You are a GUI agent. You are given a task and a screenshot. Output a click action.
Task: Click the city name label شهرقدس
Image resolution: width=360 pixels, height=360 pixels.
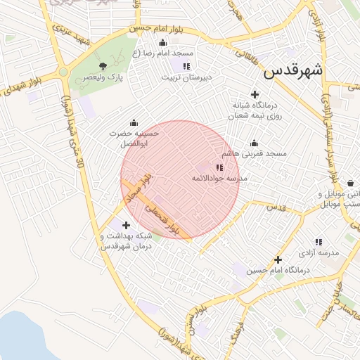pyautogui.click(x=294, y=71)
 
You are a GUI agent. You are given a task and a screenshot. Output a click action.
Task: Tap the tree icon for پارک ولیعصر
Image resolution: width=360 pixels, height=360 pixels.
pyautogui.click(x=103, y=66)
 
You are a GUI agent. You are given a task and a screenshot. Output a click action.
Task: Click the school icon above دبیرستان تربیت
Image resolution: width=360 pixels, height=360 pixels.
pyautogui.click(x=186, y=66)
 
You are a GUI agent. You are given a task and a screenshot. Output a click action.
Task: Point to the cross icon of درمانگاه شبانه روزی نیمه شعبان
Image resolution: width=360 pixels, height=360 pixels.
pyautogui.click(x=255, y=94)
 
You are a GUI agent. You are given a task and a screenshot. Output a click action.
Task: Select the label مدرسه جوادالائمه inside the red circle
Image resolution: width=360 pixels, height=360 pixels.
pyautogui.click(x=220, y=179)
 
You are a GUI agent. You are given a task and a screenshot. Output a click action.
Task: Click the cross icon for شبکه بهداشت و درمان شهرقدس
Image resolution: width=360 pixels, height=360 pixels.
pyautogui.click(x=126, y=226)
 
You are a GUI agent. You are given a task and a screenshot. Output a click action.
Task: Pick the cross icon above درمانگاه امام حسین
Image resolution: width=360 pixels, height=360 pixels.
pyautogui.click(x=278, y=259)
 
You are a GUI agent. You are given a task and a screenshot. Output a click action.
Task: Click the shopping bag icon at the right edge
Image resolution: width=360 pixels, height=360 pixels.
pyautogui.click(x=350, y=184)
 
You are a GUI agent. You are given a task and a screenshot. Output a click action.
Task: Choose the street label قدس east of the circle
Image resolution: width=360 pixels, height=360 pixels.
pyautogui.click(x=276, y=207)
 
